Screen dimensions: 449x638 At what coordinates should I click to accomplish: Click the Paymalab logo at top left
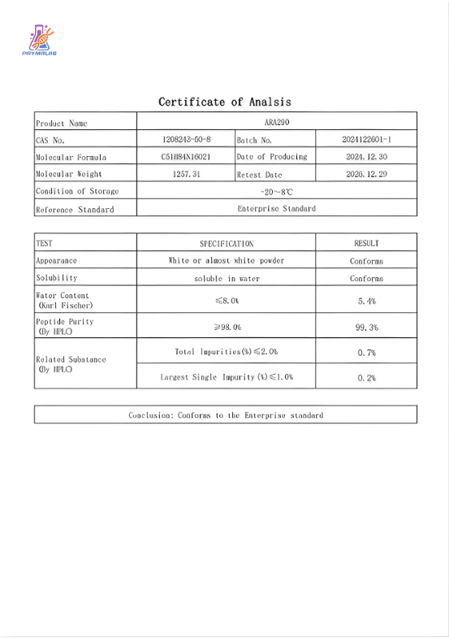[39, 40]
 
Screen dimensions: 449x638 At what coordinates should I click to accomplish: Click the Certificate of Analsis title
[224, 102]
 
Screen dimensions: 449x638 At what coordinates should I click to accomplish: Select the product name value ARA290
[277, 123]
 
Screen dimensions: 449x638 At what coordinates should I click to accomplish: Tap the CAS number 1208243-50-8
[186, 140]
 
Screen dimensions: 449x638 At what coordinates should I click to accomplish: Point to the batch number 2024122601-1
[367, 140]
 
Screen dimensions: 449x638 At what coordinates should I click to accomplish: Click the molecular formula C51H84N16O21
[186, 157]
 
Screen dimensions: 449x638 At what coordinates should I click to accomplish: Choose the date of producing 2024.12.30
[367, 157]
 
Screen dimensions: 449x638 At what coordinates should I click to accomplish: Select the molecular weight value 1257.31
[186, 174]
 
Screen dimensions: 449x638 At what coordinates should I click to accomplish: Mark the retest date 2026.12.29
[367, 174]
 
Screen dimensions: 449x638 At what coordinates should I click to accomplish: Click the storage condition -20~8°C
[277, 191]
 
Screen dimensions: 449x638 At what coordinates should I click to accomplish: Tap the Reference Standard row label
[75, 209]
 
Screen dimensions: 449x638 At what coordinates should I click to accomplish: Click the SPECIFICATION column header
[227, 243]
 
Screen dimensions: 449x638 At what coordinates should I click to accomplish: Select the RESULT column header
[366, 243]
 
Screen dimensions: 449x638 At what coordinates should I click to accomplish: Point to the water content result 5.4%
[366, 302]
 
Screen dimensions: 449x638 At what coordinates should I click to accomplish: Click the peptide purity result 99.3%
[366, 328]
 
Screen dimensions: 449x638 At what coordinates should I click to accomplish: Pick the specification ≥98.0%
[227, 328]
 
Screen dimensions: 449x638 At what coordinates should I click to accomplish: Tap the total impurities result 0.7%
[366, 353]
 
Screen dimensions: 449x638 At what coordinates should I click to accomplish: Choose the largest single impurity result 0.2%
[366, 378]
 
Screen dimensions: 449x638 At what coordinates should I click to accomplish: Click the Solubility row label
[56, 278]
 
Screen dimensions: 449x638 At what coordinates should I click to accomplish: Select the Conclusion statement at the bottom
[226, 415]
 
